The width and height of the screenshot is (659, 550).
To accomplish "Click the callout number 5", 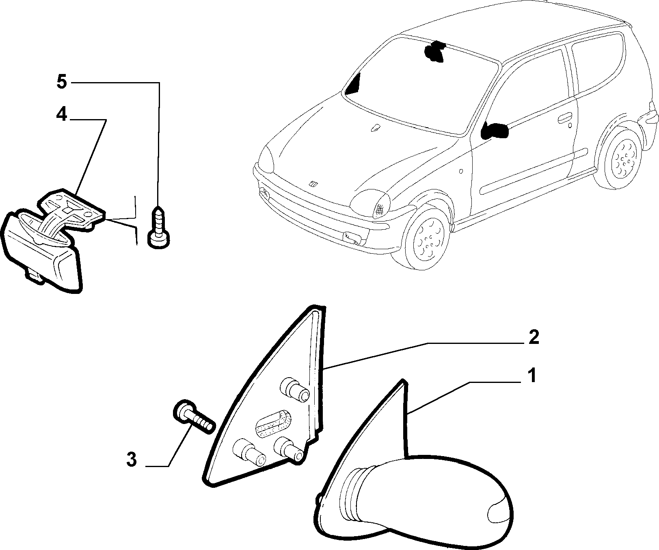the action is (61, 82).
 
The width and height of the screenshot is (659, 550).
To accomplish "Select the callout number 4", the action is (61, 104).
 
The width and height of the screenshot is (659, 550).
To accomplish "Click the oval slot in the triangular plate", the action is (273, 424).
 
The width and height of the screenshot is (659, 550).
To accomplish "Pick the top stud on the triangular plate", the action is (295, 389).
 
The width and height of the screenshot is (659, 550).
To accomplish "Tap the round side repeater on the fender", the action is (461, 171).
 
